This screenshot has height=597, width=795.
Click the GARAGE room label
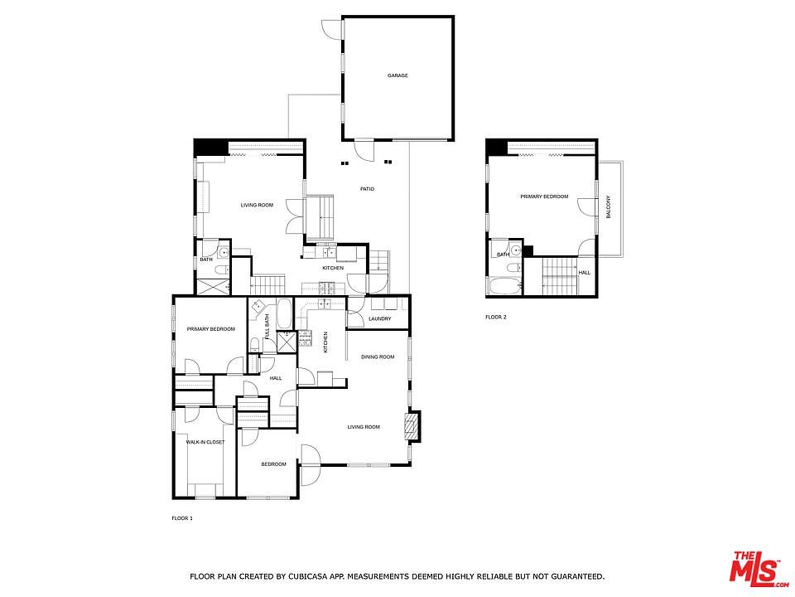[x=397, y=75]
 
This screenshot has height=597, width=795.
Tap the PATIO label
[x=367, y=189]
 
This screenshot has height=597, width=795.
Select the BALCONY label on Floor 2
[x=609, y=206]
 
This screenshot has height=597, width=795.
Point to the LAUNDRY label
[x=379, y=318]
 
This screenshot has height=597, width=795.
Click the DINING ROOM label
[x=377, y=357]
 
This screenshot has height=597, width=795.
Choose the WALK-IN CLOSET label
[x=205, y=442]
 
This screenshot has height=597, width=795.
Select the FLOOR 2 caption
[x=495, y=317]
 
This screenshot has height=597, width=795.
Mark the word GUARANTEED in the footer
[x=575, y=575]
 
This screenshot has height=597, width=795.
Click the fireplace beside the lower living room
[x=412, y=425]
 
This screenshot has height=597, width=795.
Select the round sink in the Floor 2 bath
[x=514, y=248]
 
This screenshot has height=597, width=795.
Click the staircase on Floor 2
[x=558, y=275]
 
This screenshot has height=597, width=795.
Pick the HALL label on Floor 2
[x=585, y=272]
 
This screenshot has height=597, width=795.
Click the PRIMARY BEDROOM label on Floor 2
[x=544, y=197]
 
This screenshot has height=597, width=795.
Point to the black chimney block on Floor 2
[x=495, y=147]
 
